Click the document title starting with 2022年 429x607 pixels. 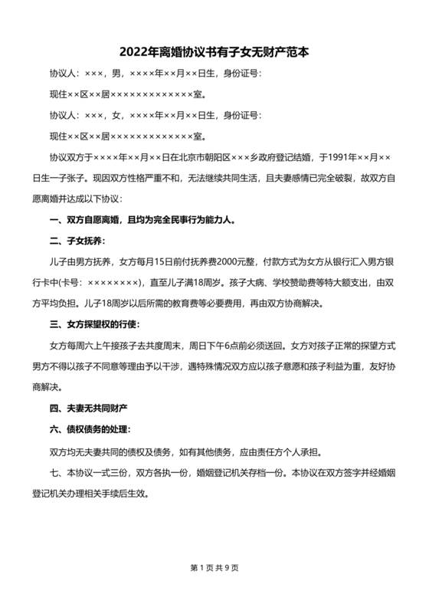click(214, 53)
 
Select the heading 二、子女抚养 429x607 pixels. click(72, 241)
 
